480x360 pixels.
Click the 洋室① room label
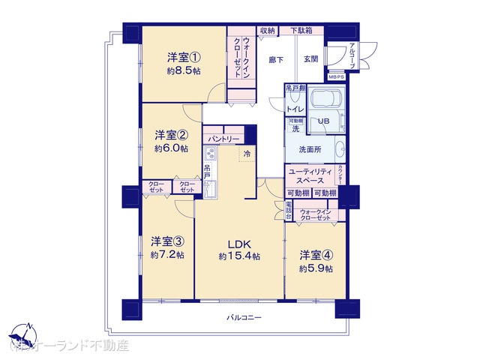[184, 57]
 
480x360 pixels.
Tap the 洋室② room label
[172, 135]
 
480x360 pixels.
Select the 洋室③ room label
[167, 241]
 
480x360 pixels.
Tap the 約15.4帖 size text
[239, 256]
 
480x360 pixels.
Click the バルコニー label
[244, 318]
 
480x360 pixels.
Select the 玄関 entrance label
[311, 59]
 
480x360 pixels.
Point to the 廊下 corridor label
[275, 59]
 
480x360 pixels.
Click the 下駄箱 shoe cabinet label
[302, 31]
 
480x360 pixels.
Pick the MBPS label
[337, 76]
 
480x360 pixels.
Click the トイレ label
[295, 109]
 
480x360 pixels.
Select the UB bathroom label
[323, 121]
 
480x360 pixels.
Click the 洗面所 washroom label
[310, 149]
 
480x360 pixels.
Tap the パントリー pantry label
[223, 139]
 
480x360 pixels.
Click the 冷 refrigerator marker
[247, 154]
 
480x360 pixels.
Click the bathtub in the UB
[326, 101]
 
